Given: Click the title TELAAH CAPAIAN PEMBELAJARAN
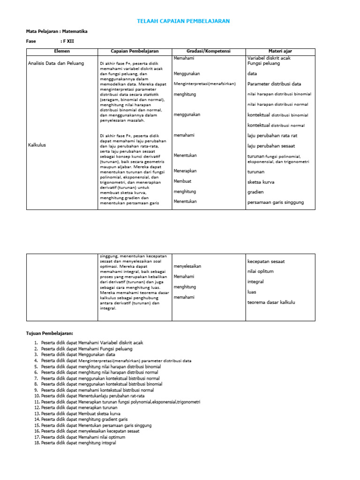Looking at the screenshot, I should pyautogui.click(x=183, y=22).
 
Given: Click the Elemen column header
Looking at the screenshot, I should pyautogui.click(x=61, y=51).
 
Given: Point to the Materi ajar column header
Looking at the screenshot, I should pyautogui.click(x=280, y=51).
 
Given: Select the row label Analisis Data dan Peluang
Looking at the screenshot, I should pyautogui.click(x=56, y=63).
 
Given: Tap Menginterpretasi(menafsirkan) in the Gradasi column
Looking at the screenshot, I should pyautogui.click(x=204, y=84).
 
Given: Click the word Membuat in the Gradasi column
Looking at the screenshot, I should pyautogui.click(x=182, y=181).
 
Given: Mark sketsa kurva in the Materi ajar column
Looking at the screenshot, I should pyautogui.click(x=261, y=182).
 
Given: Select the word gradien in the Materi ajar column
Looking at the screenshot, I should pyautogui.click(x=255, y=192).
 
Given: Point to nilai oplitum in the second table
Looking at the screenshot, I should pyautogui.click(x=260, y=271).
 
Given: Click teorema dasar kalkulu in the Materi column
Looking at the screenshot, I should pyautogui.click(x=271, y=302).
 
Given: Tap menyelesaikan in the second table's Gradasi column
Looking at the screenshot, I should pyautogui.click(x=187, y=266).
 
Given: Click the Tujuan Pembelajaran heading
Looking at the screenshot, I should pyautogui.click(x=50, y=333).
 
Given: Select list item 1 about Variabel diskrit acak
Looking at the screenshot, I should pyautogui.click(x=91, y=343).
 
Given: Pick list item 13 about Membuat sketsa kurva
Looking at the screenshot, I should pyautogui.click(x=81, y=414).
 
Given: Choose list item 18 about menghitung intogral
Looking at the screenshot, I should pyautogui.click(x=78, y=443).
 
